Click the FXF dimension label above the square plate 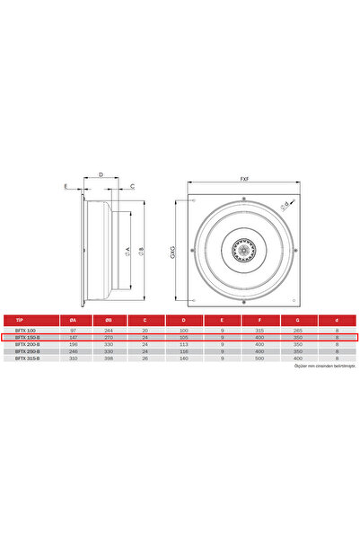pyautogui.click(x=244, y=179)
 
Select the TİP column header pyautogui.click(x=19, y=320)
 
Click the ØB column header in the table pyautogui.click(x=108, y=320)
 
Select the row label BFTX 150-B pyautogui.click(x=26, y=337)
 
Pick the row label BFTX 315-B pyautogui.click(x=26, y=359)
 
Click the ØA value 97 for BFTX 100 pyautogui.click(x=74, y=330)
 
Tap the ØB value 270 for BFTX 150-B pyautogui.click(x=108, y=337)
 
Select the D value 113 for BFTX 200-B pyautogui.click(x=184, y=344)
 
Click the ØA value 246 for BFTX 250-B pyautogui.click(x=74, y=351)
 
